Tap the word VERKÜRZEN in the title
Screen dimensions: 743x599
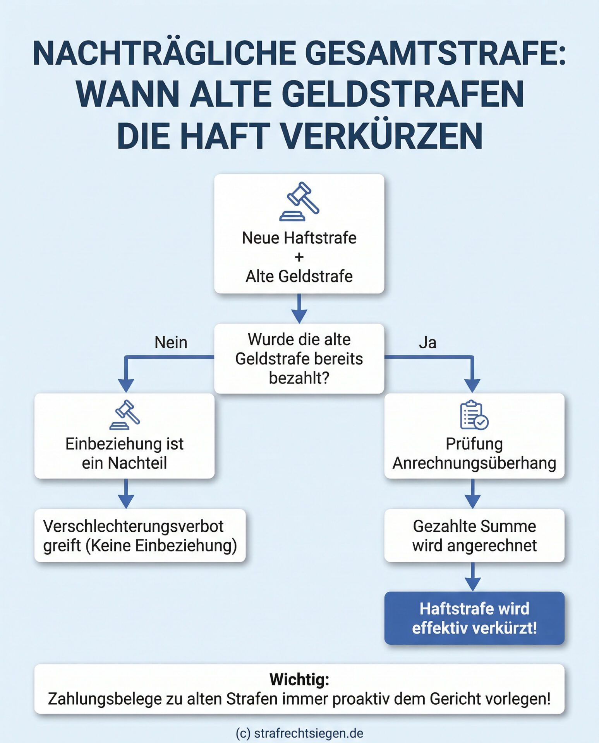(381, 136)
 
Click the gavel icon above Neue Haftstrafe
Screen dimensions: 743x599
(299, 202)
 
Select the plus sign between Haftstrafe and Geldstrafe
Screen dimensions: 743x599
(299, 257)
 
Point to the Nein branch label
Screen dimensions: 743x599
(171, 342)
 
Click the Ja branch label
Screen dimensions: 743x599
(427, 342)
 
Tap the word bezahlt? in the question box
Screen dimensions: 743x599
(299, 378)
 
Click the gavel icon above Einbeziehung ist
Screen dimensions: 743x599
(125, 415)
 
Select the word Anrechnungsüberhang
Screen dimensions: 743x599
(474, 463)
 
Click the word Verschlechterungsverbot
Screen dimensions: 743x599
(133, 526)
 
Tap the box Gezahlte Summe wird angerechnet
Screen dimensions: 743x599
(474, 536)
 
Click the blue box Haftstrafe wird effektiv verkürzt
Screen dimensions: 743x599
(474, 618)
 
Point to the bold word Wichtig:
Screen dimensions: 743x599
(299, 679)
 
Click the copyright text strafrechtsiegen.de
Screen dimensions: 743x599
(299, 733)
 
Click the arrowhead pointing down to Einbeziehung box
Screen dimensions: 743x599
(126, 385)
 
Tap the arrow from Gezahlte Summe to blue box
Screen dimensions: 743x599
(473, 577)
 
